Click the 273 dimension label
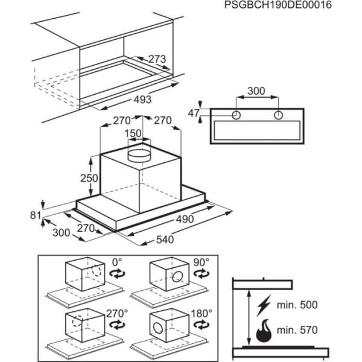[157, 59]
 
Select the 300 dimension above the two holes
[257, 91]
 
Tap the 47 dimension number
[192, 113]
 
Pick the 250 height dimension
[89, 179]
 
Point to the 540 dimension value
[165, 240]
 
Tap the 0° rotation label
[117, 262]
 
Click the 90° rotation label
[202, 262]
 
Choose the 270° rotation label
[117, 313]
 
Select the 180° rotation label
[202, 313]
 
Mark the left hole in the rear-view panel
[237, 115]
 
